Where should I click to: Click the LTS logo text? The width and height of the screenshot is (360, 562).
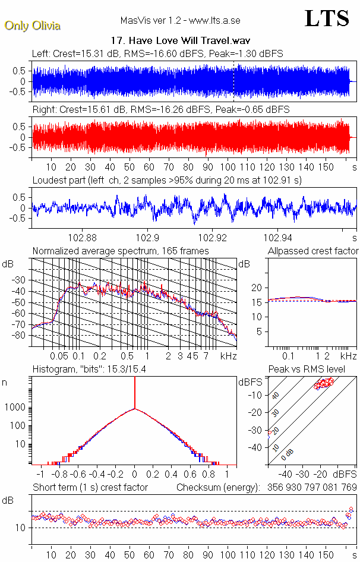click(x=327, y=19)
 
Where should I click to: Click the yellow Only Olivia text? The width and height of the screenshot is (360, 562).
click(x=32, y=26)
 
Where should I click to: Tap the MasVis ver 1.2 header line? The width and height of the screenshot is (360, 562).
click(x=180, y=21)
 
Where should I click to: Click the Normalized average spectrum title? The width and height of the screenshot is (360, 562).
click(x=121, y=251)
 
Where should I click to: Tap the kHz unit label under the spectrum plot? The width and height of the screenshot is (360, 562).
click(x=228, y=356)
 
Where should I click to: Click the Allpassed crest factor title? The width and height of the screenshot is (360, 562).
click(x=313, y=251)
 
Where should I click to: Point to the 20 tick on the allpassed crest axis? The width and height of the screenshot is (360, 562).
click(x=257, y=288)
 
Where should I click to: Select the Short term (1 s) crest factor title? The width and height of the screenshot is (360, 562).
click(x=90, y=488)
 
